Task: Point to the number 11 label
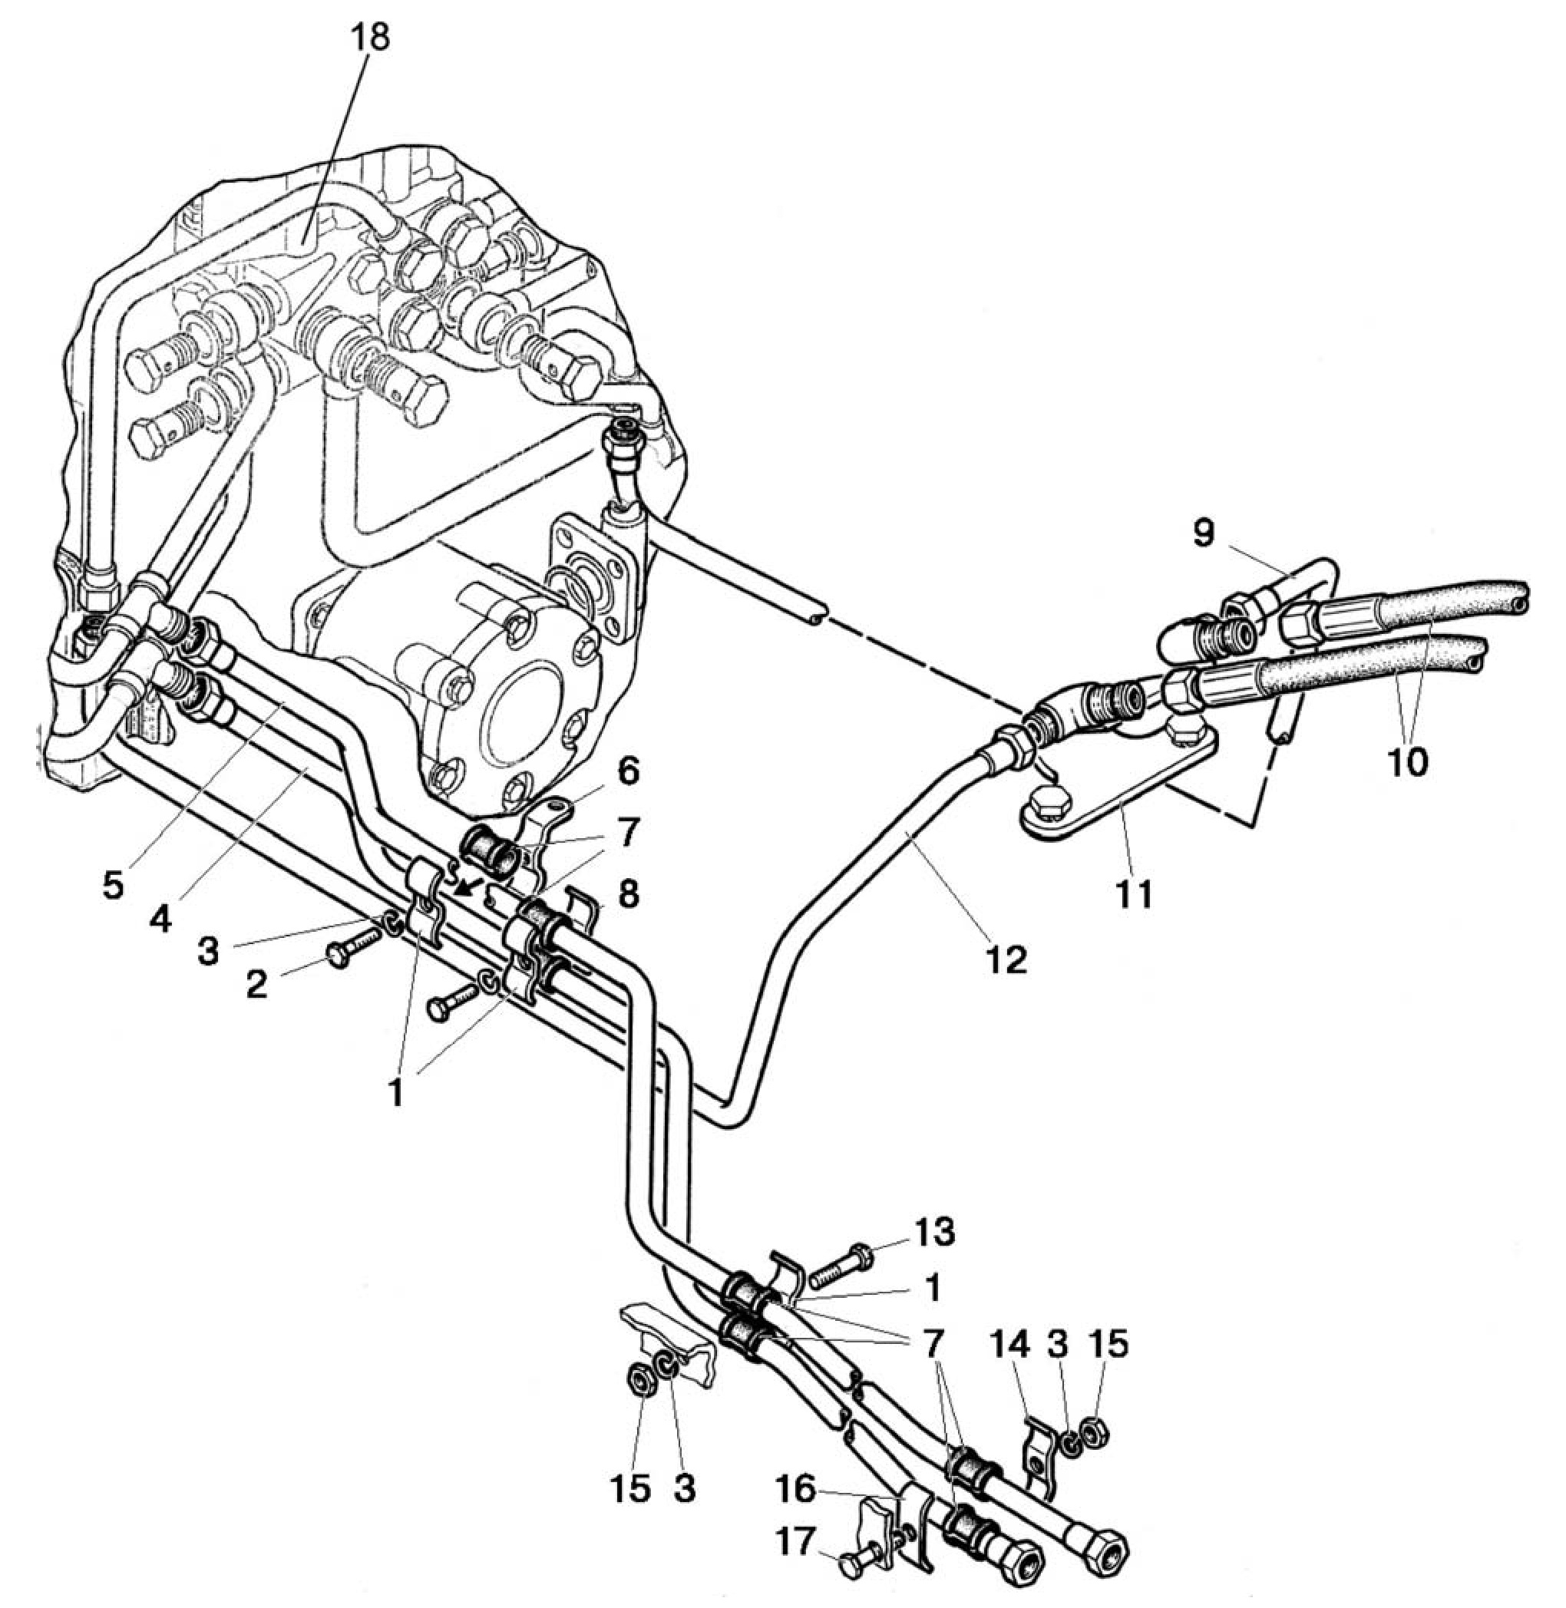click(1132, 893)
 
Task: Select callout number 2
click(256, 984)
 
